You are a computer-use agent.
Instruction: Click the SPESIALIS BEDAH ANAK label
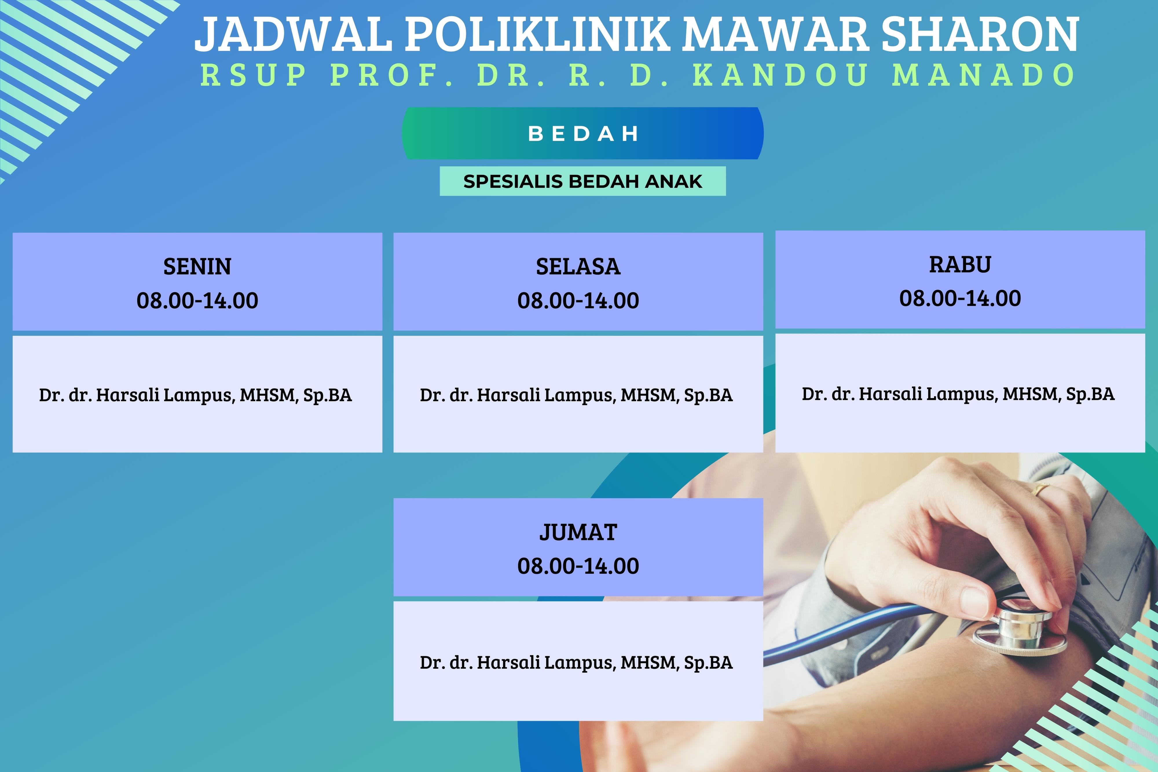pos(583,182)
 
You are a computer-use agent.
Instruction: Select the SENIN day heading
pos(197,267)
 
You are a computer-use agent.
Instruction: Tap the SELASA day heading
pos(578,267)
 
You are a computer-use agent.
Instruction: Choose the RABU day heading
pos(960,265)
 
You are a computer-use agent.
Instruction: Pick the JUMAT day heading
pos(578,532)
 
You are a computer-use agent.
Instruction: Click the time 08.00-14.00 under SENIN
pos(197,300)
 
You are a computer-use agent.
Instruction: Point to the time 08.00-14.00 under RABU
pos(960,298)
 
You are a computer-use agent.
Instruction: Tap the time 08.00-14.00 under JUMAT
pos(578,566)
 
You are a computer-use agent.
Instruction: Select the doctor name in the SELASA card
pos(576,395)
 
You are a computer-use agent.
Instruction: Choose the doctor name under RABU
pos(958,394)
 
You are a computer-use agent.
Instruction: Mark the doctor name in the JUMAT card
pos(576,663)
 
